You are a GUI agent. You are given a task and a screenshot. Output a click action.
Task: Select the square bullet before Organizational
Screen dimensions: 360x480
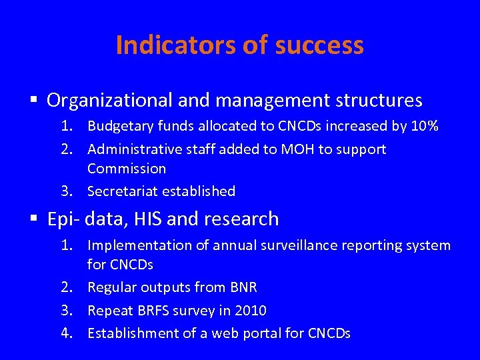tap(36, 101)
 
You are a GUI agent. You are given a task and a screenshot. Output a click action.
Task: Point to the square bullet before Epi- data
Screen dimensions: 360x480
tap(36, 219)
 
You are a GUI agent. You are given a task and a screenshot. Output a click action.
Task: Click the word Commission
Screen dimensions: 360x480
tap(127, 169)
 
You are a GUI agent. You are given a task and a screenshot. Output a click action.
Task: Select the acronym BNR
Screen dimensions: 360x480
tap(243, 287)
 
